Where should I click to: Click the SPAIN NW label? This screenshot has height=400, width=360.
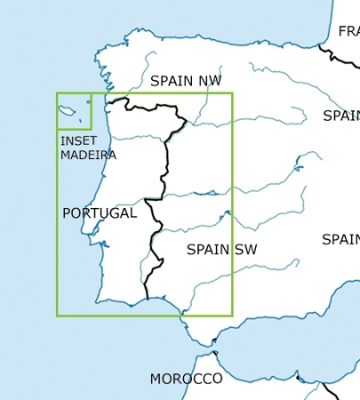(186, 81)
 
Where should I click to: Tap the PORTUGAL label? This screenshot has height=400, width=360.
(100, 213)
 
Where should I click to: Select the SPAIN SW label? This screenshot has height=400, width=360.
(221, 250)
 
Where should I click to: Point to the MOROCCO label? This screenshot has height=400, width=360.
(186, 379)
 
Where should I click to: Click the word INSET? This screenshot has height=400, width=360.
(78, 141)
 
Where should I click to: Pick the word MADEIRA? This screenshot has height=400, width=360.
(88, 155)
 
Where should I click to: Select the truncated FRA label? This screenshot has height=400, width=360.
(348, 32)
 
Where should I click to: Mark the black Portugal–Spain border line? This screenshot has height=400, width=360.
(164, 178)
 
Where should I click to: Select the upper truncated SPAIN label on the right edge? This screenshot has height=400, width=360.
(341, 116)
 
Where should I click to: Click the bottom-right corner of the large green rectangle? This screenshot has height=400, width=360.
(231, 315)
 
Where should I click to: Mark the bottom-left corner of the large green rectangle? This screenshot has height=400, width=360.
(57, 315)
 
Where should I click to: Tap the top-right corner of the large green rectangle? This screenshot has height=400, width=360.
(231, 93)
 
